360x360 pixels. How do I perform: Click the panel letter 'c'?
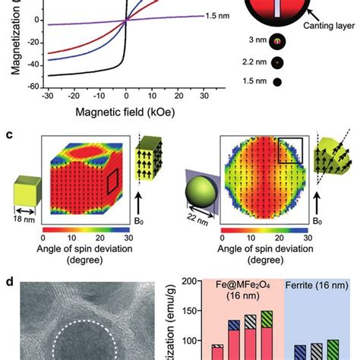pos(8,134)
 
